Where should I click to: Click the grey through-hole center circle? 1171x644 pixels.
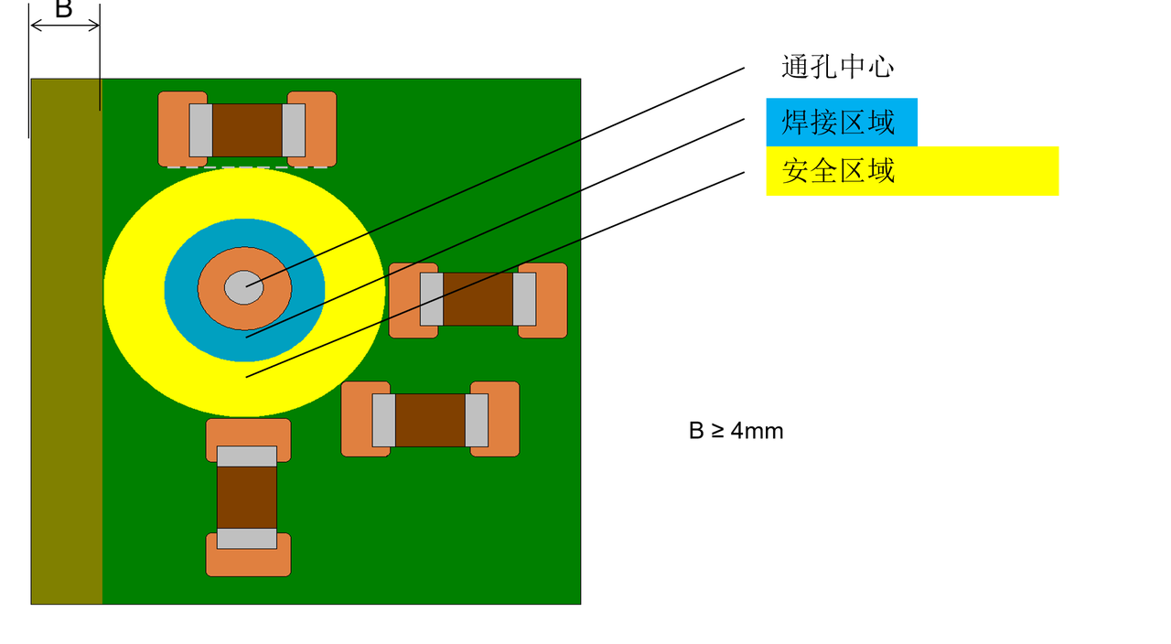pyautogui.click(x=244, y=287)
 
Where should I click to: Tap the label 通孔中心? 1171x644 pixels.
pyautogui.click(x=837, y=67)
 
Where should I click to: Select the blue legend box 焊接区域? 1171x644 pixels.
pyautogui.click(x=841, y=122)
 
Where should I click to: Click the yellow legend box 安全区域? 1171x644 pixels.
pyautogui.click(x=911, y=171)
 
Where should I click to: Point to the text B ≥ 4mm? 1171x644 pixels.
pyautogui.click(x=736, y=431)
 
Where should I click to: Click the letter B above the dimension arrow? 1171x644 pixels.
pyautogui.click(x=63, y=9)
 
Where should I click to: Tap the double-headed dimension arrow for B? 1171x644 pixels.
pyautogui.click(x=65, y=26)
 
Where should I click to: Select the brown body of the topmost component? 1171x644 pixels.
pyautogui.click(x=247, y=130)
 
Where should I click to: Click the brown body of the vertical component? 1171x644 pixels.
pyautogui.click(x=247, y=498)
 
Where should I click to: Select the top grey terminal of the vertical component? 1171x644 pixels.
pyautogui.click(x=247, y=456)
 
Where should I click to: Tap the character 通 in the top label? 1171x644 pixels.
pyautogui.click(x=795, y=67)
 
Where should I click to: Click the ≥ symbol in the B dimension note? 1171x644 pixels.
pyautogui.click(x=717, y=431)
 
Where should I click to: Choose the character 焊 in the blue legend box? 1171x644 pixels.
pyautogui.click(x=795, y=122)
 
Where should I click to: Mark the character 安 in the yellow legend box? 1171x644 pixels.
pyautogui.click(x=795, y=171)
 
